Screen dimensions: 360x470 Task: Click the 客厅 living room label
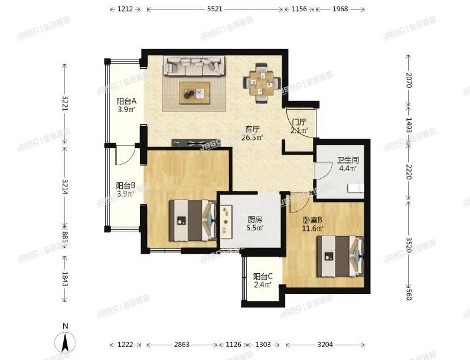click(253, 129)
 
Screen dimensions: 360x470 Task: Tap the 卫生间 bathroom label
click(347, 160)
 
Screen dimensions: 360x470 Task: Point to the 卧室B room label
click(312, 220)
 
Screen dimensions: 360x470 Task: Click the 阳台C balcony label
click(262, 276)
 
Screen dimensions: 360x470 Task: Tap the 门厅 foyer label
click(299, 122)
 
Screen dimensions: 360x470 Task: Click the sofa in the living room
click(194, 65)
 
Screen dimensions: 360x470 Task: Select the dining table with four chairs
click(260, 83)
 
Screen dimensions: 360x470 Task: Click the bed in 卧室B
click(338, 256)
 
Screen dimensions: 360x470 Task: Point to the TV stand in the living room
click(194, 143)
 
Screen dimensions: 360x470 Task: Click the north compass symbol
click(66, 341)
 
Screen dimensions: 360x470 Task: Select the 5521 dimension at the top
click(215, 9)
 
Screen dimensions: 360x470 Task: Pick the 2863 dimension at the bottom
click(181, 345)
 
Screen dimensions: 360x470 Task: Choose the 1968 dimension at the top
click(340, 9)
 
